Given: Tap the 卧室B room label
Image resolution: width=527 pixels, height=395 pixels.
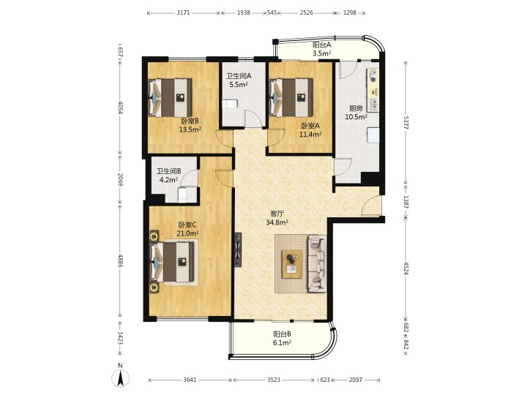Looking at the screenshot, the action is (x=190, y=121).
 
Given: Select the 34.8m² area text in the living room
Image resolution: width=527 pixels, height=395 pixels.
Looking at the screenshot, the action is (x=277, y=222).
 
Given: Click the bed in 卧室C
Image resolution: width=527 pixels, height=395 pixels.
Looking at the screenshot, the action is (x=172, y=262).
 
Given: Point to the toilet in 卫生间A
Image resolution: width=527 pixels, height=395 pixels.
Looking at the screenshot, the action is (x=230, y=103).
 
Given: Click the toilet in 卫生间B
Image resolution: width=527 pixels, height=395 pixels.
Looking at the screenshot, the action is (x=182, y=195).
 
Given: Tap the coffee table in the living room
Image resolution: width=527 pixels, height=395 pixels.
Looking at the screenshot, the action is (x=292, y=263).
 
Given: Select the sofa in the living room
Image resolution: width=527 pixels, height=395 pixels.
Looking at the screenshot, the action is (x=317, y=263).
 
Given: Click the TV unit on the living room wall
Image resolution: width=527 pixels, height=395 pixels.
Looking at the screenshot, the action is (x=238, y=250).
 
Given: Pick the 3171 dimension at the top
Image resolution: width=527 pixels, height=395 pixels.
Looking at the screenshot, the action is (x=184, y=12).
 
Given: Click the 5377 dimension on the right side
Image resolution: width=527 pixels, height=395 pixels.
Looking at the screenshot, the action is (x=405, y=122).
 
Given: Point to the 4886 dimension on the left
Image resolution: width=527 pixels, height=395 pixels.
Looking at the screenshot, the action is (x=120, y=260).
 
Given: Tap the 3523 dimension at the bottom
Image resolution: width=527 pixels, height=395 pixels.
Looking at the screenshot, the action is (x=274, y=380).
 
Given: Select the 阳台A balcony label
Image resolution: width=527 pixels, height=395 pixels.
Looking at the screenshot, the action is (x=322, y=45).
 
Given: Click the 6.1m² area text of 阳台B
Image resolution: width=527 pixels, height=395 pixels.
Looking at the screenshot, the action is (x=282, y=342).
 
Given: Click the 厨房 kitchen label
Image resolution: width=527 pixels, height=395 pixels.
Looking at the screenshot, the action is (x=356, y=108).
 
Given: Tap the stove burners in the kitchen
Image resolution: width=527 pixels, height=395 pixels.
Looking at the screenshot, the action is (x=373, y=75).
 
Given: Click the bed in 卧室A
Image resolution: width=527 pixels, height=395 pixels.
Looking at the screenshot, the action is (x=292, y=97).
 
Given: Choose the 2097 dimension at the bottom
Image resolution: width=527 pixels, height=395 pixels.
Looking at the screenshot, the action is (x=356, y=380).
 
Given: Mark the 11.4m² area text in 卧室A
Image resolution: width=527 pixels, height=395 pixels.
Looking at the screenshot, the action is (x=310, y=135).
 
